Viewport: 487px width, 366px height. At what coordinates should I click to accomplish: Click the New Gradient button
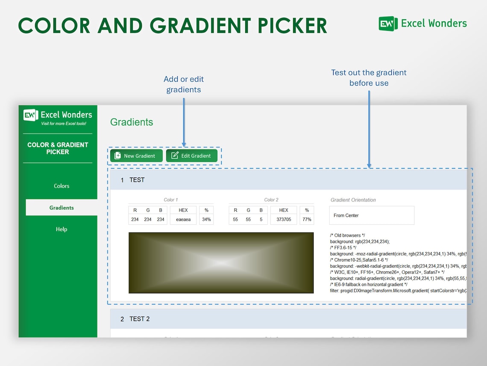136,156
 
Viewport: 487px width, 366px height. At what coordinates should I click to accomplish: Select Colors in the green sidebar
62,186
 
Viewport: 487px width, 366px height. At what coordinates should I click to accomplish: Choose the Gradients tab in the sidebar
62,208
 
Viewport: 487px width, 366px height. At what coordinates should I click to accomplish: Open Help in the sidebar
62,229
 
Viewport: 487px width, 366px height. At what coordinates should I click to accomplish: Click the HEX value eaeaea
183,220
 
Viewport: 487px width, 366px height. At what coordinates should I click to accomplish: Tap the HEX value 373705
284,220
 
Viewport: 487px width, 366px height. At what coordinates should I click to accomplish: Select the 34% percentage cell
206,220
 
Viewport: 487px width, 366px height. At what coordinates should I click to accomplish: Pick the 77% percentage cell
307,220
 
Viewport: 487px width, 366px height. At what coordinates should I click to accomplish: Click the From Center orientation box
371,215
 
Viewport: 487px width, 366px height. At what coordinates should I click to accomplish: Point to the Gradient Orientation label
353,200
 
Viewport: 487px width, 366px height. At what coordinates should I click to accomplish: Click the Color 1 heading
170,200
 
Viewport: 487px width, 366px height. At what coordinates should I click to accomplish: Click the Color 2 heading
271,200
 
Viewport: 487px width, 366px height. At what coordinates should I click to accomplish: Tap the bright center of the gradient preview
221,263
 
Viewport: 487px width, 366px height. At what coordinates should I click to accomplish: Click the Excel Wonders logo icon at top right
388,24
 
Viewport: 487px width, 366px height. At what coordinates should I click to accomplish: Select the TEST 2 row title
139,319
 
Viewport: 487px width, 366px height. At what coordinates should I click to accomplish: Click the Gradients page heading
132,122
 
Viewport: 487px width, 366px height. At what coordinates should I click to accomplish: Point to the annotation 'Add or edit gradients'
184,84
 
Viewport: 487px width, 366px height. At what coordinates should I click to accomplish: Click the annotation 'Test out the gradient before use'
369,77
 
